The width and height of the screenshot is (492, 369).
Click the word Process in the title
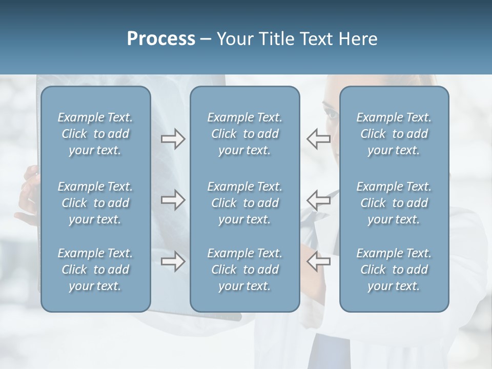click(x=161, y=39)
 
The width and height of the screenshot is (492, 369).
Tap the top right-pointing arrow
click(x=173, y=139)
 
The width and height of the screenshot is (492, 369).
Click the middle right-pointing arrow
click(x=173, y=200)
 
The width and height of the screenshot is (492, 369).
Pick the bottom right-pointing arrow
click(x=173, y=261)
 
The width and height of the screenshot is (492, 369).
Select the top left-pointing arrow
click(x=318, y=139)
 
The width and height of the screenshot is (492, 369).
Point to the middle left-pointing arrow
click(x=318, y=200)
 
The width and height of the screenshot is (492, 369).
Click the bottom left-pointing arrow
click(x=318, y=261)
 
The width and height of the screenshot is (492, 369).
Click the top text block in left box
click(x=95, y=134)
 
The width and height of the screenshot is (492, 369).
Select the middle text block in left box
click(x=95, y=203)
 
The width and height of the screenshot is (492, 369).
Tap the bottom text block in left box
click(x=95, y=270)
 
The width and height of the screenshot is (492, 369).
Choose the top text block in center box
click(x=245, y=134)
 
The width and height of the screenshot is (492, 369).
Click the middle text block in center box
click(x=245, y=203)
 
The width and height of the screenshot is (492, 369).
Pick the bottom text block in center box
click(x=245, y=270)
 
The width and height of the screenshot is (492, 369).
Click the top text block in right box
click(x=394, y=134)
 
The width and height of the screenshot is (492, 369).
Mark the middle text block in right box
click(x=394, y=203)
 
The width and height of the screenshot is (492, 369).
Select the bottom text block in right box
click(x=394, y=270)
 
